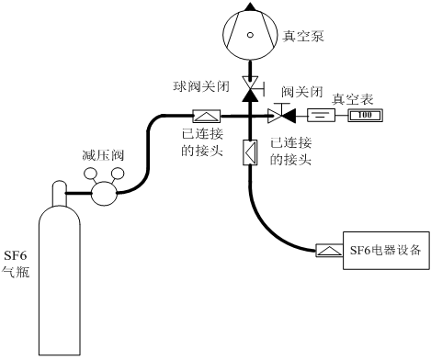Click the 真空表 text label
pos(351,98)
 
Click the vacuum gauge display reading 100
pos(364,117)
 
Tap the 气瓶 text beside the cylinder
pos(17,273)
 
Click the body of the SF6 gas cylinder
pos(61,276)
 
